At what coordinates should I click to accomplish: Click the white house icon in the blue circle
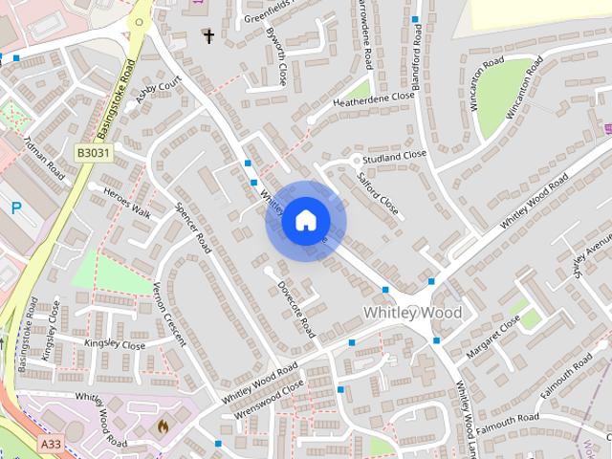click(x=305, y=220)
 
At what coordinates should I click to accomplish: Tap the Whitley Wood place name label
click(x=412, y=313)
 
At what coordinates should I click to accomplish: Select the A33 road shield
click(x=51, y=445)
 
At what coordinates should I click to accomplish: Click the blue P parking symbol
click(x=15, y=208)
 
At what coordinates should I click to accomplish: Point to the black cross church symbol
click(x=208, y=36)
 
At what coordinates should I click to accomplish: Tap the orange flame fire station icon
click(x=162, y=426)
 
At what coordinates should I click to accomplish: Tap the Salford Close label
click(x=378, y=191)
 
